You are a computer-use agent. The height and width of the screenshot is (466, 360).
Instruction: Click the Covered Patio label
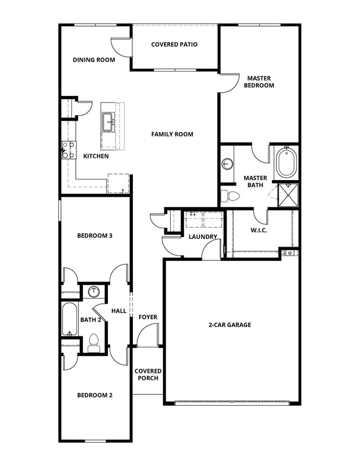point(174,44)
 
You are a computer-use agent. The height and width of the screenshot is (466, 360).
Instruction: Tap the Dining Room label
point(94,60)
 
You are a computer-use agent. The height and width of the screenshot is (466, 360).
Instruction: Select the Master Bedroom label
point(259,82)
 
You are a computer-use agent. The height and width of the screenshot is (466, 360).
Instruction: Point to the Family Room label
point(172,134)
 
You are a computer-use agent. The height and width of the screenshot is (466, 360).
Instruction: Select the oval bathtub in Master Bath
point(286,162)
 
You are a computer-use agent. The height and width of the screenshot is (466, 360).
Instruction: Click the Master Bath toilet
point(230,196)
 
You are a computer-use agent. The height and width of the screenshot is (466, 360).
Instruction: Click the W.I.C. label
point(259,230)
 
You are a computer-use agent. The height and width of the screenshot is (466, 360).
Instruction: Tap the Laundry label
point(203,237)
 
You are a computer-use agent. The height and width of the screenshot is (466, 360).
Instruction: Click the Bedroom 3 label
point(95,235)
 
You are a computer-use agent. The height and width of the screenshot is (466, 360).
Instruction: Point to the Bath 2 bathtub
point(70,320)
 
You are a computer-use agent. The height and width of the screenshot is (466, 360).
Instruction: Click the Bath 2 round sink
point(94,291)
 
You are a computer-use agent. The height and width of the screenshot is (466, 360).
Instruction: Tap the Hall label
point(119,311)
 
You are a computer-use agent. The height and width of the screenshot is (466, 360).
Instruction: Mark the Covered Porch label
point(148,375)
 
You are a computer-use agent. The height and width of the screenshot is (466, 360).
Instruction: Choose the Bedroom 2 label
point(95,395)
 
